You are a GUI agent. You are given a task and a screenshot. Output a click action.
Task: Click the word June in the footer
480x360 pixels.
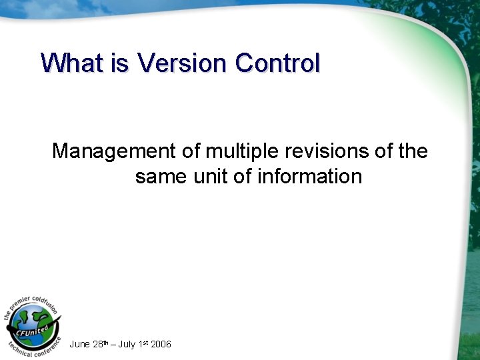click(x=80, y=344)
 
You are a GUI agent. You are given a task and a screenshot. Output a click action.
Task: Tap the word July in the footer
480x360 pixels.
click(x=129, y=344)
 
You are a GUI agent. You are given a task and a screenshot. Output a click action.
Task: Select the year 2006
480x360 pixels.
click(x=161, y=344)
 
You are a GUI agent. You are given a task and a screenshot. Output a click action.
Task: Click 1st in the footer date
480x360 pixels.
click(x=144, y=344)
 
